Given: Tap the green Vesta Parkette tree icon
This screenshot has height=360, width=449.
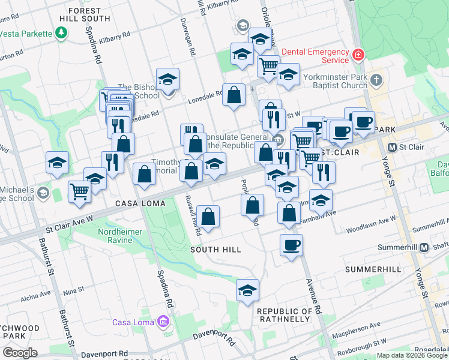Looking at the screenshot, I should click(x=61, y=33).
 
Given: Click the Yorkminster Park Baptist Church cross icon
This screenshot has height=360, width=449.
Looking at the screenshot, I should click(x=376, y=80).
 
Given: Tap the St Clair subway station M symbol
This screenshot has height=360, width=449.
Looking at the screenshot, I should click(x=392, y=147).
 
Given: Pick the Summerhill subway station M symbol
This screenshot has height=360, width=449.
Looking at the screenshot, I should click(x=424, y=247).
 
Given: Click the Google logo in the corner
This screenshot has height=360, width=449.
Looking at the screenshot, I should click(x=20, y=353).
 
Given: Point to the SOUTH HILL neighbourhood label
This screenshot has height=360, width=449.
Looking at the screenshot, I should click(x=215, y=250).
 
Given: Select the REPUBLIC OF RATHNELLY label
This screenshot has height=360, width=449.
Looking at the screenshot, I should click(x=285, y=316).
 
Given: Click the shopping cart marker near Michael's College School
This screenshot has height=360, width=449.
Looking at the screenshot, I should click(x=79, y=192).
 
